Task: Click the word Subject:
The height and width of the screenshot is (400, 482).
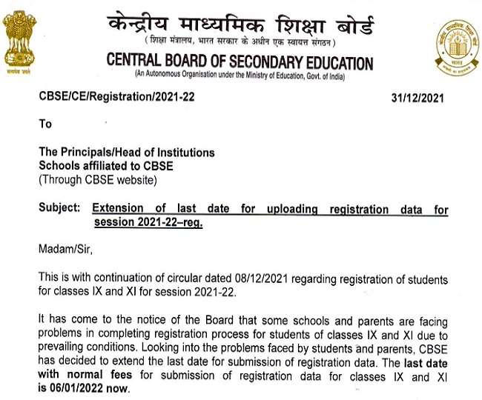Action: click(59, 209)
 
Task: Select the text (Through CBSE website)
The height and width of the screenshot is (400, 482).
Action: click(97, 180)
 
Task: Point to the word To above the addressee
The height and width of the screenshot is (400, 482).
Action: click(46, 124)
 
